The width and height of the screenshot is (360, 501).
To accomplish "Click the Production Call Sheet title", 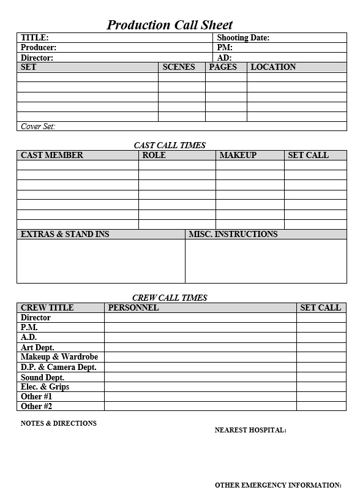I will pos(170,24).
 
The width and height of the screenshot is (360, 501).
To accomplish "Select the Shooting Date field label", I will pos(243,37).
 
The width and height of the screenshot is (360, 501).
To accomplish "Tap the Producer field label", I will pos(39,47).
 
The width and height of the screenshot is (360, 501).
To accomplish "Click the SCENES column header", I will pos(179,67).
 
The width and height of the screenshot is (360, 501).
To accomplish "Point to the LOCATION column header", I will pos(273,67).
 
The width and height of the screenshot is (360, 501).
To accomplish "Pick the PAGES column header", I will pos(223,67).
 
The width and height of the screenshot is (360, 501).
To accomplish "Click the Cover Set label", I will pos(38,126).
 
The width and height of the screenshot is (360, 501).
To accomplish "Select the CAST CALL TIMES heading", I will pos(170,145).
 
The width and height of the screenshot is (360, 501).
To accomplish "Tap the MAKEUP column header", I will pos(238,155).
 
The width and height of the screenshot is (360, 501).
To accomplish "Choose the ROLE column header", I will pos(154,155).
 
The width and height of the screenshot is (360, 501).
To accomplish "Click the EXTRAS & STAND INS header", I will pos(65,234).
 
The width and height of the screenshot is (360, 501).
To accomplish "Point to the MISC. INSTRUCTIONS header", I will pos(233,234).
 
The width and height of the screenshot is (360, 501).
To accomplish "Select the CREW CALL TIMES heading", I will pos(170,298).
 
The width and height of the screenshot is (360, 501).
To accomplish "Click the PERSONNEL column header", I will pos(133,307).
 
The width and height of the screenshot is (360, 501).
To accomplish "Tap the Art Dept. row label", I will pos(37,347).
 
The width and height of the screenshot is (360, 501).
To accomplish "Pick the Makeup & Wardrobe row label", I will pos(59,356).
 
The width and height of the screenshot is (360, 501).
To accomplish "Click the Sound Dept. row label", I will pos(42,377).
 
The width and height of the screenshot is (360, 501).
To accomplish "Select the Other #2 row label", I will pos(37,406).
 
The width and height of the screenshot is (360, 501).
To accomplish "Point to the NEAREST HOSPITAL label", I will pos(250,430).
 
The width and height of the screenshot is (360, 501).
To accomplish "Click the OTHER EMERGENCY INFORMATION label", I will pos(278,485).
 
